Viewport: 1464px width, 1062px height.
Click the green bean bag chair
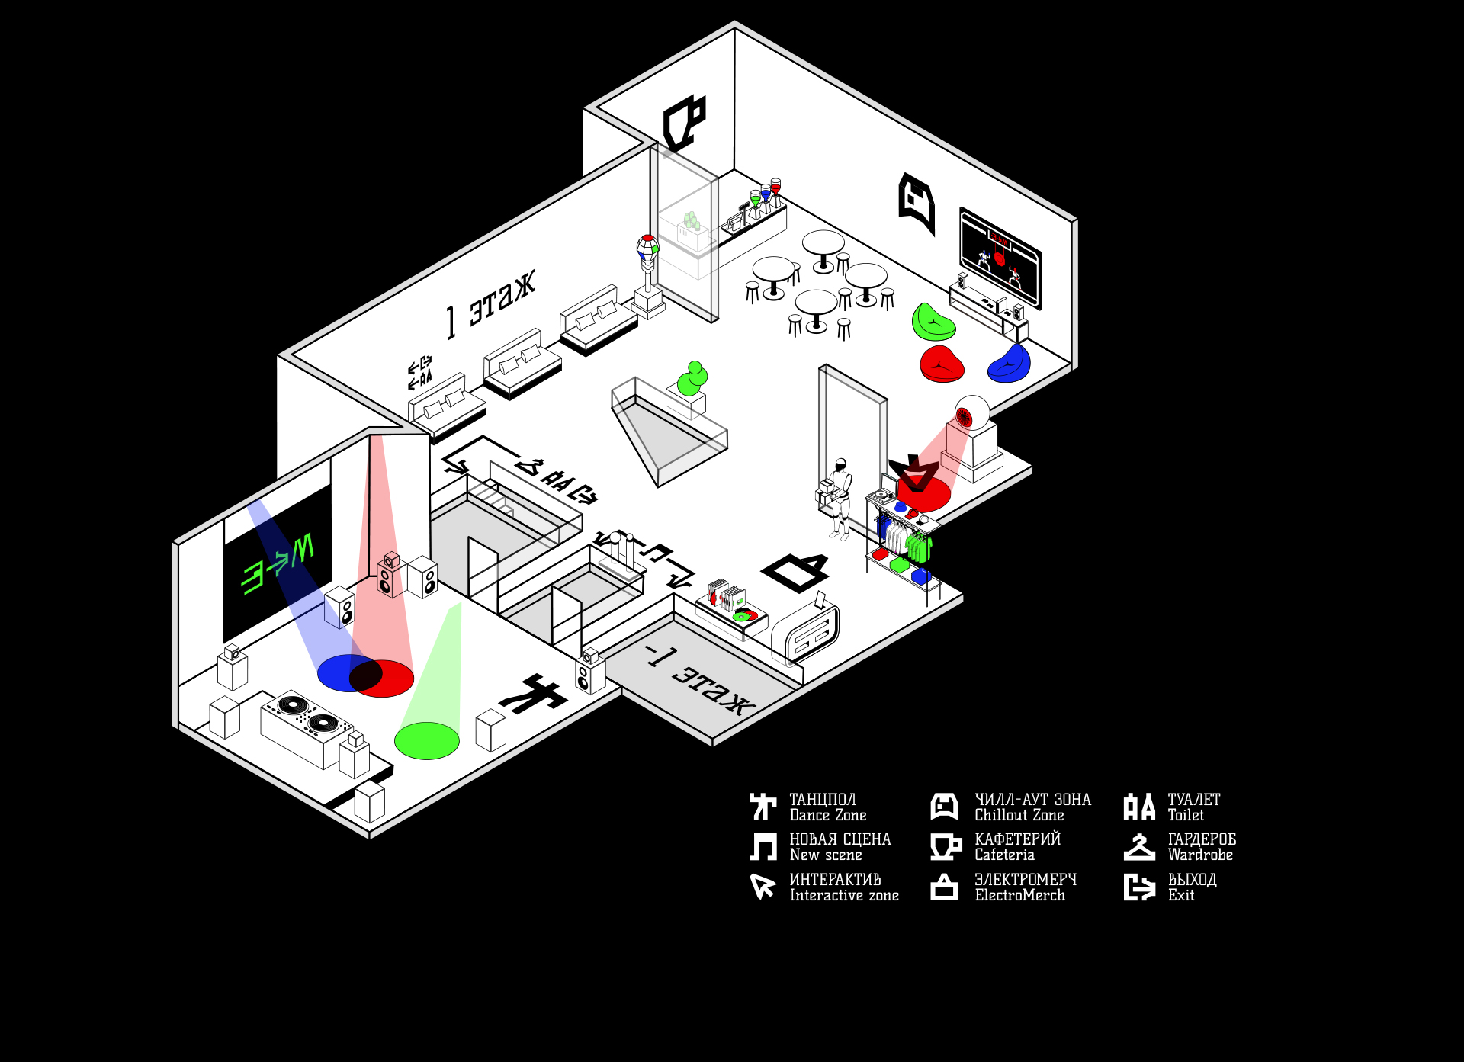[x=933, y=321]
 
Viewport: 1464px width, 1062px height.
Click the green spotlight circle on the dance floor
[x=426, y=740]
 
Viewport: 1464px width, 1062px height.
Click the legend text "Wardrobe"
[x=1199, y=855]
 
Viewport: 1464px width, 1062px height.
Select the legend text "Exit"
[x=1180, y=896]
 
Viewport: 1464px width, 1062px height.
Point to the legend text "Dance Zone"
[x=827, y=816]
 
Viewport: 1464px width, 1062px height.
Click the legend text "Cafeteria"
[x=1004, y=855]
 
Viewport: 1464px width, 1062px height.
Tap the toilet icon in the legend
[x=1139, y=807]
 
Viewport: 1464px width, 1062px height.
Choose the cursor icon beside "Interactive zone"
[x=762, y=887]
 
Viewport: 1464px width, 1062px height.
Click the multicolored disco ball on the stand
[x=647, y=248]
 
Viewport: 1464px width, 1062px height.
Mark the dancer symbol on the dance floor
[x=532, y=695]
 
